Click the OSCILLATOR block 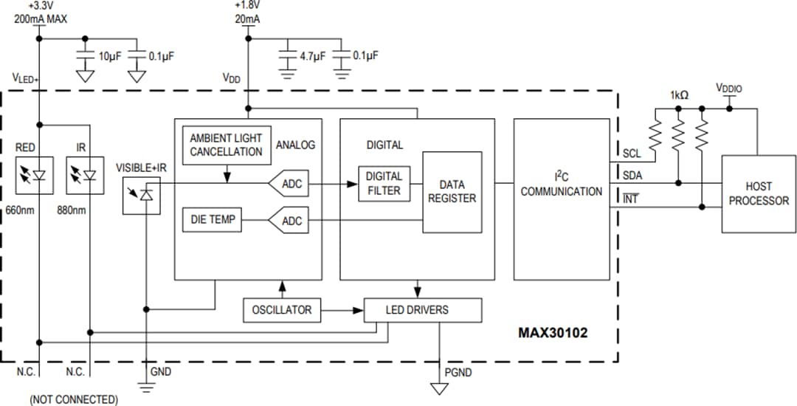(x=281, y=310)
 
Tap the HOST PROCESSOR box (x=758, y=193)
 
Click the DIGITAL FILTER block (x=384, y=183)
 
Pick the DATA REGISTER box (x=452, y=192)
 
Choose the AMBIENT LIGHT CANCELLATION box (x=226, y=145)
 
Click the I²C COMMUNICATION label (x=561, y=185)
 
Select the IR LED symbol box (x=83, y=175)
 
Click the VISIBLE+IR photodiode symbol (x=142, y=195)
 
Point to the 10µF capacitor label (x=110, y=56)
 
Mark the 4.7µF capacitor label (x=312, y=56)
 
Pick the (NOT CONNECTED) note (x=73, y=399)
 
